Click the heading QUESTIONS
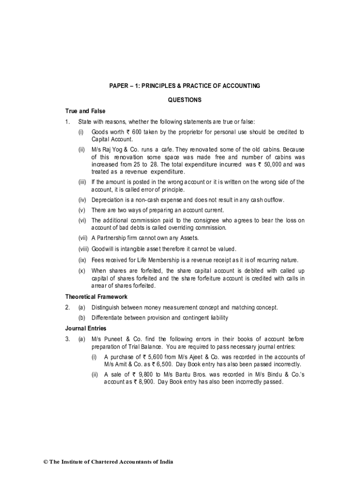tap(185, 100)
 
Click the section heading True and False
tap(85, 111)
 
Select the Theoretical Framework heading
tap(96, 297)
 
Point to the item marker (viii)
tap(83, 249)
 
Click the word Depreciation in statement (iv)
tap(107, 200)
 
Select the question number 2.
tap(68, 307)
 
